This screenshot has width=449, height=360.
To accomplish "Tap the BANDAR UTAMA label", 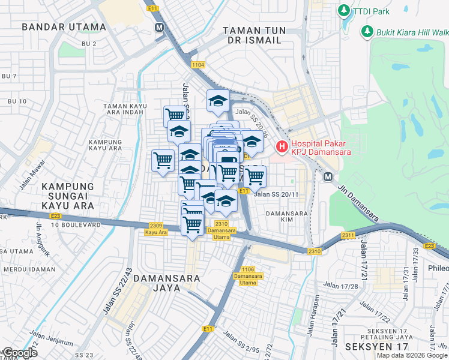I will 64,27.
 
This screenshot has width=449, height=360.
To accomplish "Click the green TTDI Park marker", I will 344,11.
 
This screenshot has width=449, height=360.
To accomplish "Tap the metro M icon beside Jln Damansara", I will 328,177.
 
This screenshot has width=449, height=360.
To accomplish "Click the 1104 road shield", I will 198,64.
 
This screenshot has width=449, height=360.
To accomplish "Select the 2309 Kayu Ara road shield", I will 156,226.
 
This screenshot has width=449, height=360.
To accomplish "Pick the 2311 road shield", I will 348,235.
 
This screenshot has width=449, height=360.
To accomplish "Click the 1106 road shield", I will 248,269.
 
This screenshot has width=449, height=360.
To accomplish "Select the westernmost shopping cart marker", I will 163,161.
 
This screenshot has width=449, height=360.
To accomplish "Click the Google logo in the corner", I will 19,353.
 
